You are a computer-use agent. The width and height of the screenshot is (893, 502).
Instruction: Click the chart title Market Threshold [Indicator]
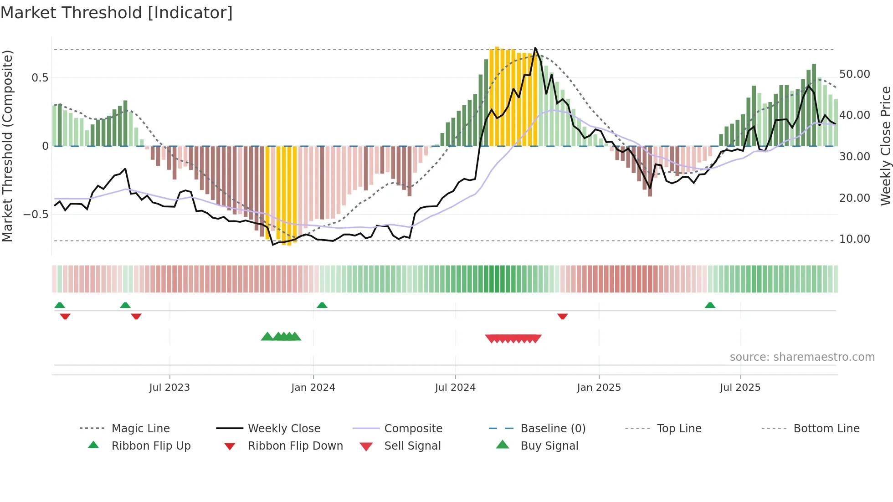(x=117, y=13)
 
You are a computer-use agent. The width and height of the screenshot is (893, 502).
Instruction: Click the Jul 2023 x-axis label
(x=169, y=388)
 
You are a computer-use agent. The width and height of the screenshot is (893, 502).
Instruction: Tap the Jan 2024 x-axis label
(x=313, y=388)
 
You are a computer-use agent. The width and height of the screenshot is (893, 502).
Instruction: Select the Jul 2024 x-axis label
(x=455, y=388)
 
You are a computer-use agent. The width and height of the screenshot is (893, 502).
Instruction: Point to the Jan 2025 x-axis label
(x=599, y=388)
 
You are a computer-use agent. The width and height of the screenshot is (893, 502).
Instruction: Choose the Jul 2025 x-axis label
(x=740, y=388)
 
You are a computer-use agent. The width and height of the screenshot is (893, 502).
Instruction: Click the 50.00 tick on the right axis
(x=854, y=74)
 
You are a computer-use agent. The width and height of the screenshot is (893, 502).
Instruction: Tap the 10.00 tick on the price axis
(x=854, y=239)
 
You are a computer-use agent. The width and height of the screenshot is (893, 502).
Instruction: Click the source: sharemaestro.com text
(x=802, y=357)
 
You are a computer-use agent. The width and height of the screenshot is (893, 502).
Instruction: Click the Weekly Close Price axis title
(x=885, y=146)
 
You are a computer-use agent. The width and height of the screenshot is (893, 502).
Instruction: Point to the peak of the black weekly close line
(x=535, y=48)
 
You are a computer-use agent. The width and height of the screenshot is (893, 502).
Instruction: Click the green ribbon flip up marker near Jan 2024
(x=322, y=305)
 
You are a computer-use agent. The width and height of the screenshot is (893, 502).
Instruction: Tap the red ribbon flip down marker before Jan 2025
(x=563, y=316)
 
